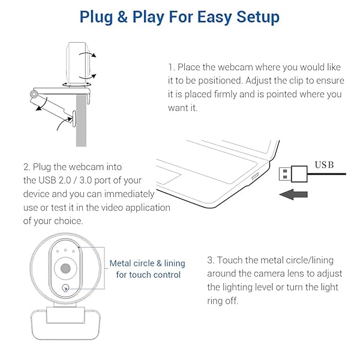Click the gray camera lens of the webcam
[x=65, y=268]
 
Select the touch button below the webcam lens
[x=65, y=290]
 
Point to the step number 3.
[x=210, y=260]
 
